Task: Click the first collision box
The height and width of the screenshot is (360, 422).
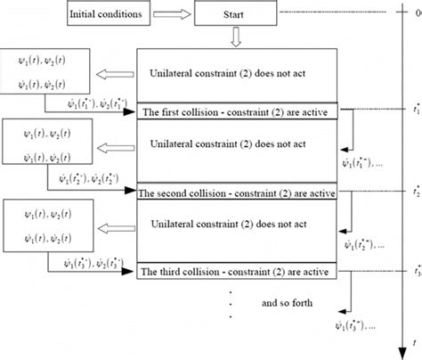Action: (x=237, y=111)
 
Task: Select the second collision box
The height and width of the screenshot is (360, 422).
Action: (x=237, y=191)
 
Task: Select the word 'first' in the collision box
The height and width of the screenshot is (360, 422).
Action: (x=167, y=111)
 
